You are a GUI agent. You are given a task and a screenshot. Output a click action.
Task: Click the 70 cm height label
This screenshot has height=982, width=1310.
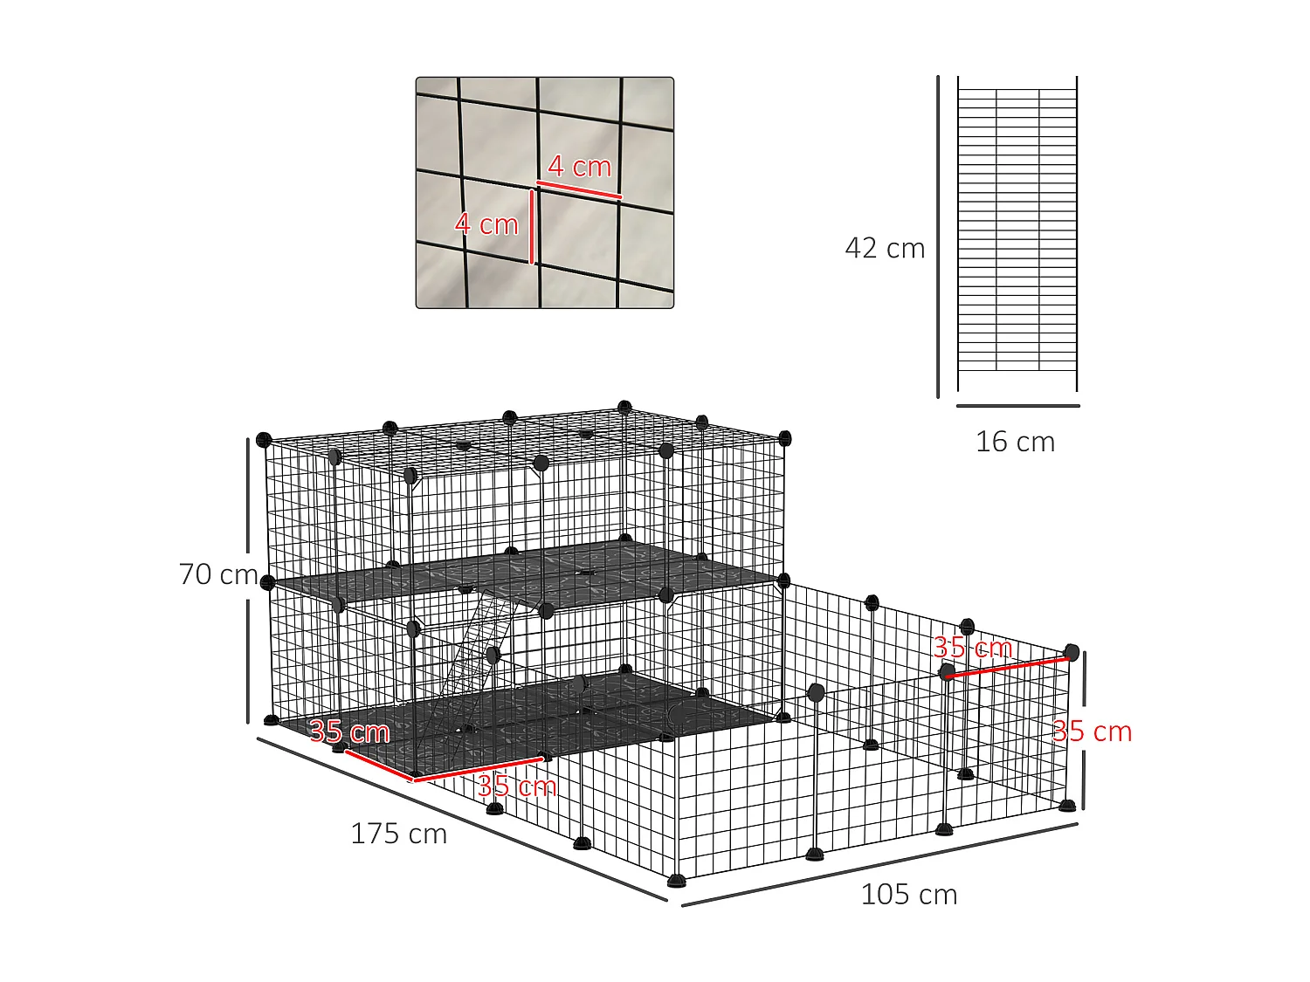(x=217, y=574)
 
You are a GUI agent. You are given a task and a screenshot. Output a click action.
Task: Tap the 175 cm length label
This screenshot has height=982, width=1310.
(x=398, y=834)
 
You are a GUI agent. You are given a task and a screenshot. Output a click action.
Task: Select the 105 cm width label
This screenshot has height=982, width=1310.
(x=908, y=895)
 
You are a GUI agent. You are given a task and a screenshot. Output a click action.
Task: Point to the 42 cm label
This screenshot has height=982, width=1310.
(x=884, y=249)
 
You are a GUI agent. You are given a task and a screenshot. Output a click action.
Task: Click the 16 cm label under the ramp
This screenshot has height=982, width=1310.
(x=1015, y=442)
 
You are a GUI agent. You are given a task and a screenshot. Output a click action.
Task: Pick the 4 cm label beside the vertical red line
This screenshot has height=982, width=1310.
(x=486, y=224)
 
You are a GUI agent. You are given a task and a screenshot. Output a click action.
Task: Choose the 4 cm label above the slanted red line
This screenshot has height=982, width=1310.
(x=580, y=166)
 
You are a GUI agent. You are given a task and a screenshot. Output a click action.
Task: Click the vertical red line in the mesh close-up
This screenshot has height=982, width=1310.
(x=532, y=227)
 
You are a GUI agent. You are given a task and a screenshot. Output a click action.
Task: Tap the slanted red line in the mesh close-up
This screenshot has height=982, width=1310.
(x=579, y=189)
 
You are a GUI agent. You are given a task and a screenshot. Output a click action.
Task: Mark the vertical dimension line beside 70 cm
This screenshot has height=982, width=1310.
(x=249, y=580)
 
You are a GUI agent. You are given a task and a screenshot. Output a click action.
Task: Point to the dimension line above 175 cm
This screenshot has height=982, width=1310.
(x=461, y=819)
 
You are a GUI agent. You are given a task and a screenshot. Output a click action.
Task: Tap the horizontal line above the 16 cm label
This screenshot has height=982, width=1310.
(x=1017, y=406)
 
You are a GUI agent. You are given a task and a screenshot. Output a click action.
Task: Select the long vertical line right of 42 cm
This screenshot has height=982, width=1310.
(x=939, y=236)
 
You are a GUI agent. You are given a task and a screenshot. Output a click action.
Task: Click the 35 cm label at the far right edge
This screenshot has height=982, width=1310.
(x=1092, y=731)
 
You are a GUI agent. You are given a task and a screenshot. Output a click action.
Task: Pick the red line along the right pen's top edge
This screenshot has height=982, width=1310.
(x=1007, y=668)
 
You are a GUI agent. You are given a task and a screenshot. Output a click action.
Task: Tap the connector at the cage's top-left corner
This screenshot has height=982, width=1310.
(x=264, y=439)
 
